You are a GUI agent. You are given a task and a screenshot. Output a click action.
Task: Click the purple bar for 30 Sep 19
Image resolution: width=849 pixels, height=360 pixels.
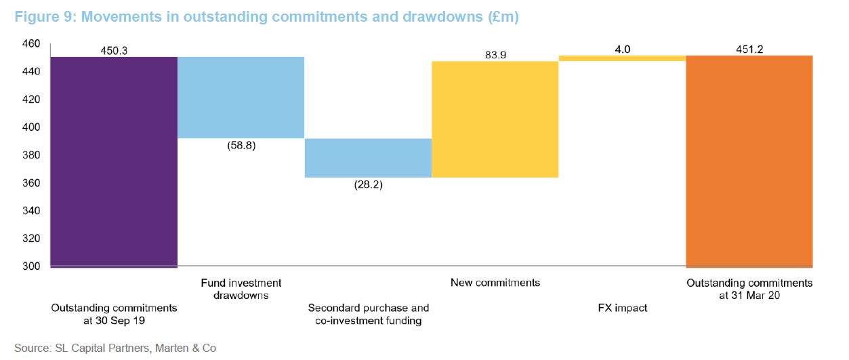coord(114,161)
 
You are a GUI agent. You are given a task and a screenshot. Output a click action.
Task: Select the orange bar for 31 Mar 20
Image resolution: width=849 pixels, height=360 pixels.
coord(749,161)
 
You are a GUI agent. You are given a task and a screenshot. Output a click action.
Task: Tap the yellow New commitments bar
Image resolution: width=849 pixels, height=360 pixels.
coord(495,119)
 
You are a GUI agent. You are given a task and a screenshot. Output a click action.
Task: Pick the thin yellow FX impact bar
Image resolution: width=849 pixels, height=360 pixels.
coord(622,58)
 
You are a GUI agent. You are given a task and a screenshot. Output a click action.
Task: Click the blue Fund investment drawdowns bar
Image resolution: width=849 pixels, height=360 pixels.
coord(241,97)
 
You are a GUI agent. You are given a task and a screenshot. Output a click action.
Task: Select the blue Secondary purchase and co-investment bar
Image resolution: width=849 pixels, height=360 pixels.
coord(368,158)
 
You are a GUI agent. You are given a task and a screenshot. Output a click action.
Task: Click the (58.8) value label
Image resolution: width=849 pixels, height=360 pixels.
coord(241,145)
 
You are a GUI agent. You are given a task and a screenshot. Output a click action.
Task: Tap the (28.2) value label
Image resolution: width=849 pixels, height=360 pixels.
coord(368,184)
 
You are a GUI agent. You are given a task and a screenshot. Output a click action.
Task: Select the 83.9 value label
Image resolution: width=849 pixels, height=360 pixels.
coord(495,54)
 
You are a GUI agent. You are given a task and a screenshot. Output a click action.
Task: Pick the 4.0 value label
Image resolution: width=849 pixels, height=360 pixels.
coord(622,49)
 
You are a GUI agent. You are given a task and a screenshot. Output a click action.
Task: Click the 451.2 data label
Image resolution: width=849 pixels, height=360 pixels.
coord(749,49)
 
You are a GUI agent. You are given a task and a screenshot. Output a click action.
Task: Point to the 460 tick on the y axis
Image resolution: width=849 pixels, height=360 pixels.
coord(32,44)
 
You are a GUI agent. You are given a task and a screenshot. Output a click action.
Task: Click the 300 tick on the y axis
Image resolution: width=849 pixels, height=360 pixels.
coord(32,266)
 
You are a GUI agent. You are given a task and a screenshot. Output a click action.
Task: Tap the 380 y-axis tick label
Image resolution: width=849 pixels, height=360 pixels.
coord(32,155)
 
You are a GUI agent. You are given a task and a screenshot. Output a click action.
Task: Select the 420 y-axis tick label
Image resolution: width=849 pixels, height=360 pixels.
coord(32,100)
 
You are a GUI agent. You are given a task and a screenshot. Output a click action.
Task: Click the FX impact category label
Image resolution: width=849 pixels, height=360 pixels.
coord(622,308)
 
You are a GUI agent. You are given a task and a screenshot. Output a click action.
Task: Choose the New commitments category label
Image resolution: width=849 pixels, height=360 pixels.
coord(495,283)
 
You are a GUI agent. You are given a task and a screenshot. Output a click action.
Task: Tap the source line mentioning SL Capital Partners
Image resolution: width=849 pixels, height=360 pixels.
coord(115,348)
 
